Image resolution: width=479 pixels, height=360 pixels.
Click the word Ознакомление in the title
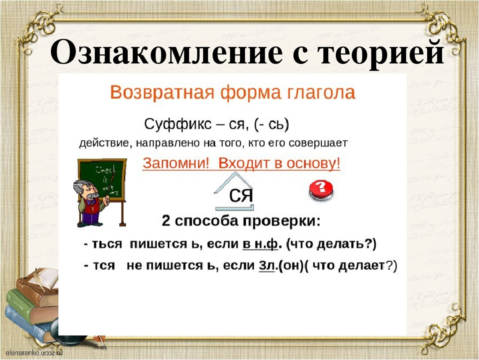point(166,52)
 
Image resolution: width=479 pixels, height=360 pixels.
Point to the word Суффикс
point(178,125)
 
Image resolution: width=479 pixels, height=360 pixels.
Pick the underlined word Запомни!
point(176,163)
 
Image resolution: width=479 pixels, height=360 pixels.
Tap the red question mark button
point(321,190)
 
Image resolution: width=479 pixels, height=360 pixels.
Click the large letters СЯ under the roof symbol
point(241,195)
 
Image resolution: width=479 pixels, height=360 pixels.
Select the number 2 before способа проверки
point(166,221)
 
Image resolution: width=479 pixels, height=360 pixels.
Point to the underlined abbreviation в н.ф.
point(261,244)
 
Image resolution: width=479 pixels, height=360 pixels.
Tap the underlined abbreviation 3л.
point(267,265)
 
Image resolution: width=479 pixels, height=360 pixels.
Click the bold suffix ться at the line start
point(107,245)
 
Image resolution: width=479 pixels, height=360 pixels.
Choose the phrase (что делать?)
point(331,244)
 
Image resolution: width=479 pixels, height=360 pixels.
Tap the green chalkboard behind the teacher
point(102,179)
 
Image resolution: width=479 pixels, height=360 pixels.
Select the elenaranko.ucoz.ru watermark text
point(34,352)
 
